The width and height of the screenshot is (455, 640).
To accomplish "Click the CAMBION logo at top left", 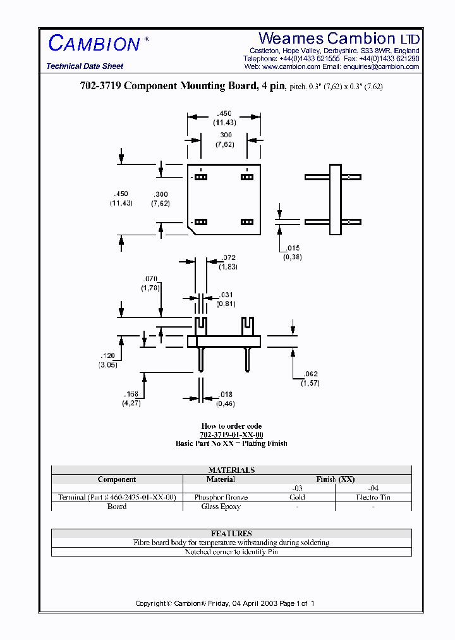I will (x=94, y=43).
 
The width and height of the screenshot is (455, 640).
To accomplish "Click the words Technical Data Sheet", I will (x=85, y=66).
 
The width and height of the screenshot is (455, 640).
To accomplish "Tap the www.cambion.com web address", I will (x=291, y=66).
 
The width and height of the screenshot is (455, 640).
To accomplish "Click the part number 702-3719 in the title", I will (x=98, y=87).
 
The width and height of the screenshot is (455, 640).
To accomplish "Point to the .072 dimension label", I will (x=229, y=258).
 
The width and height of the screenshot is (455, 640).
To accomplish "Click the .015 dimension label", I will (x=293, y=249).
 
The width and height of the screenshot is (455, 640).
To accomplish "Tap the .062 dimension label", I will (x=310, y=375).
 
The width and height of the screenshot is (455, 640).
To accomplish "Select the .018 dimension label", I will (x=226, y=395).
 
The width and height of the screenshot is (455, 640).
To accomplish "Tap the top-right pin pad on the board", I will (x=246, y=177).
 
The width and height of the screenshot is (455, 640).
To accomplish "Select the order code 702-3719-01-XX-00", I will (x=231, y=435).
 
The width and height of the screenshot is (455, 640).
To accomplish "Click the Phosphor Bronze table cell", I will (x=221, y=497).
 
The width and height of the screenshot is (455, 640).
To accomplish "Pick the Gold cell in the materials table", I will (x=297, y=497).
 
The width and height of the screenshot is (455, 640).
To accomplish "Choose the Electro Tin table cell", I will (x=373, y=497).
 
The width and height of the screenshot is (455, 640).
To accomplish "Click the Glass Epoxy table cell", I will (x=221, y=507).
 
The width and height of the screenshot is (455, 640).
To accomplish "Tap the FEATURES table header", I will (x=231, y=534).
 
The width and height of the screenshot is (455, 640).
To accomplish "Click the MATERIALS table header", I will (x=231, y=470).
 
